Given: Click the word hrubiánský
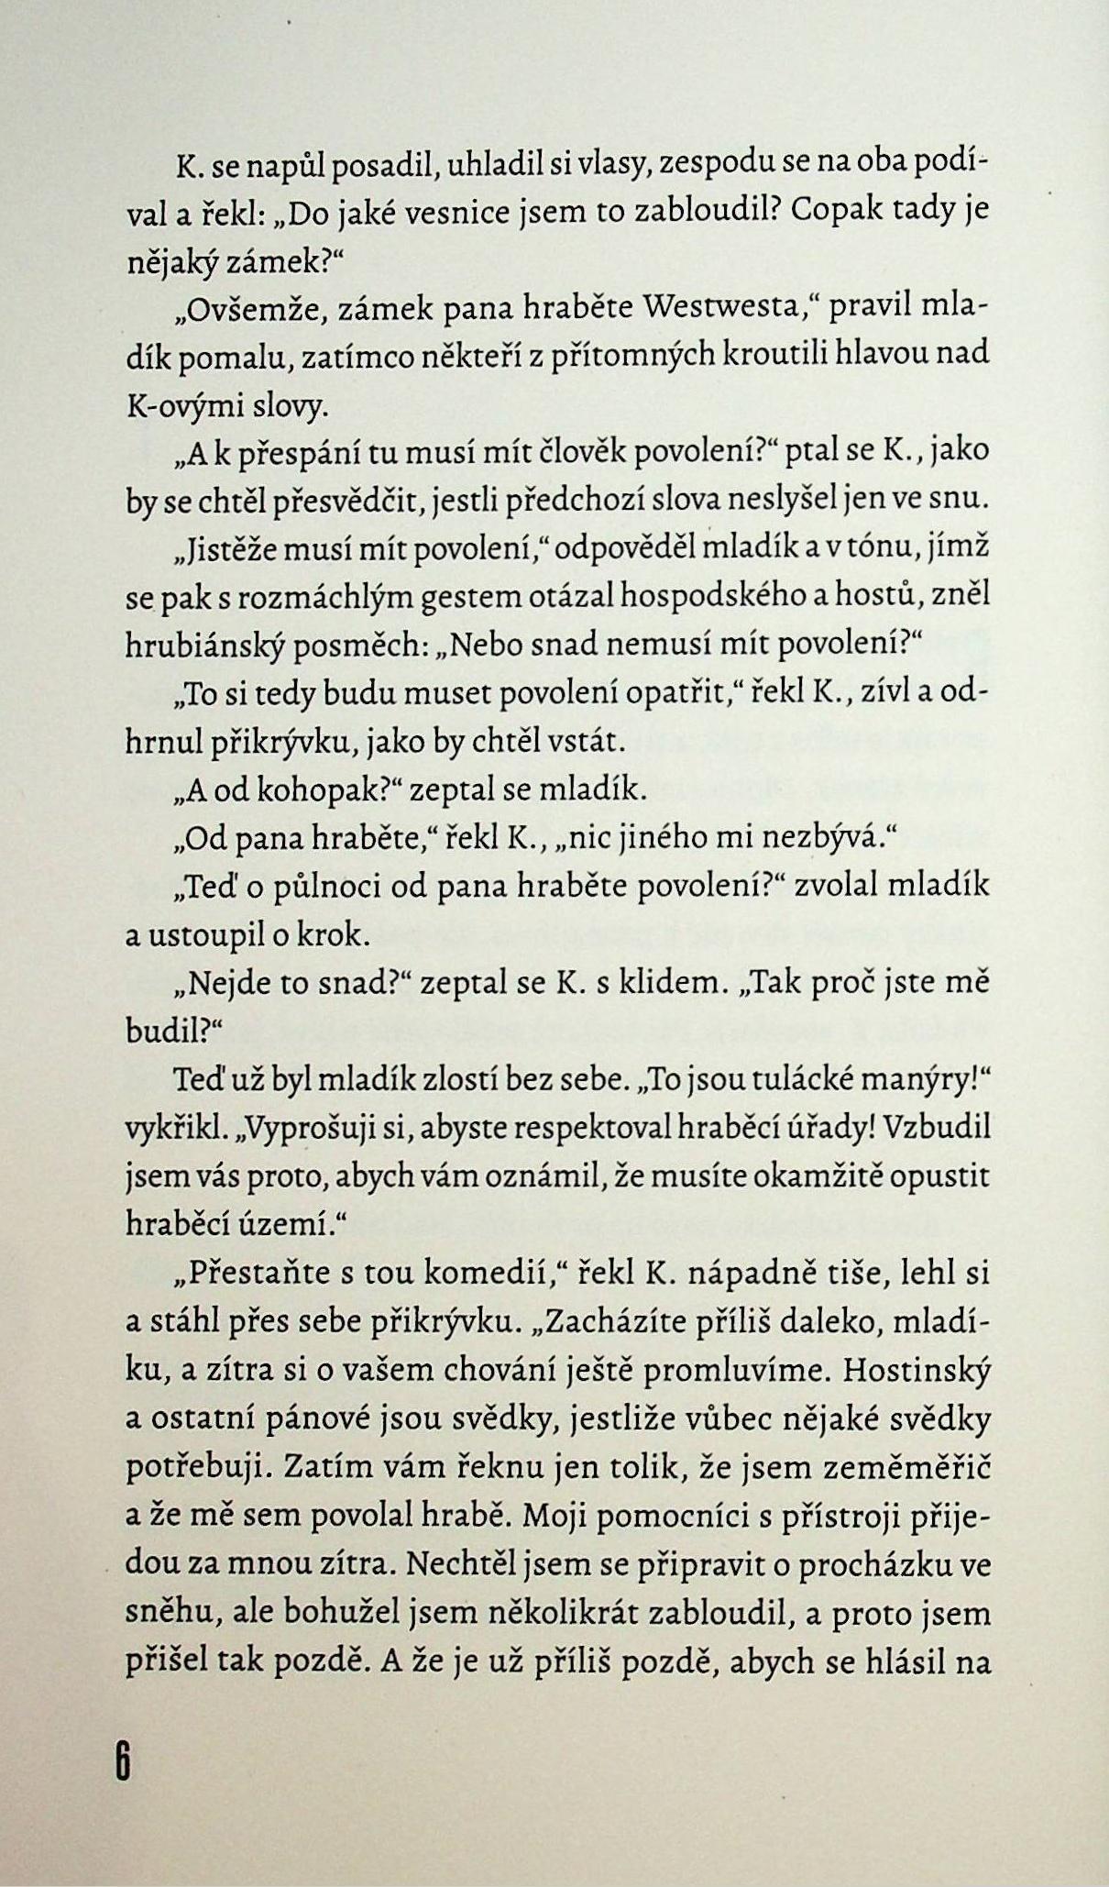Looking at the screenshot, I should [208, 646].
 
